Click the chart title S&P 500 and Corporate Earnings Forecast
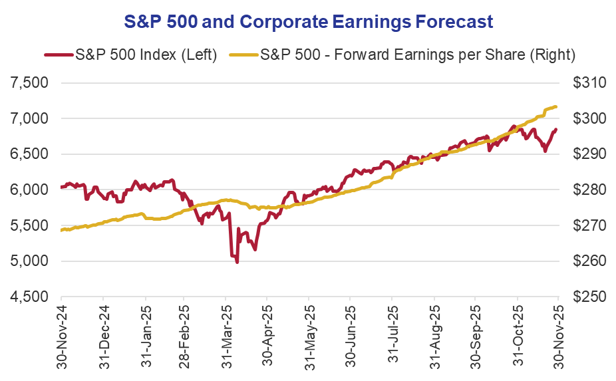pyautogui.click(x=308, y=21)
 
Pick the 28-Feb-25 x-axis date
pyautogui.click(x=185, y=336)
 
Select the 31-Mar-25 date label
pyautogui.click(x=226, y=336)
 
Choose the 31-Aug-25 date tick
pyautogui.click(x=434, y=336)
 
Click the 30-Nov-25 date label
pyautogui.click(x=557, y=336)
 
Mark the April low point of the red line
pyautogui.click(x=237, y=263)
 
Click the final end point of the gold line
pyautogui.click(x=556, y=107)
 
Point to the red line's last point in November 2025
pyautogui.click(x=556, y=130)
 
